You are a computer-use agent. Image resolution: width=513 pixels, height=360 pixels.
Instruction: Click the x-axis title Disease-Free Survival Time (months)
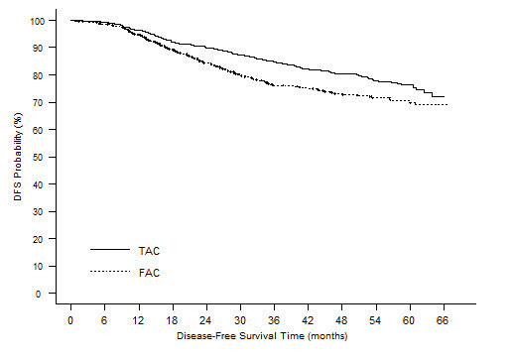(x=257, y=337)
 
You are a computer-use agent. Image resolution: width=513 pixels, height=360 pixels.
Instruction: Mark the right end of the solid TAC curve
(x=444, y=96)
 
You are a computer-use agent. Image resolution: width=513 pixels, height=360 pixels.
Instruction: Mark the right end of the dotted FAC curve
(x=448, y=104)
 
